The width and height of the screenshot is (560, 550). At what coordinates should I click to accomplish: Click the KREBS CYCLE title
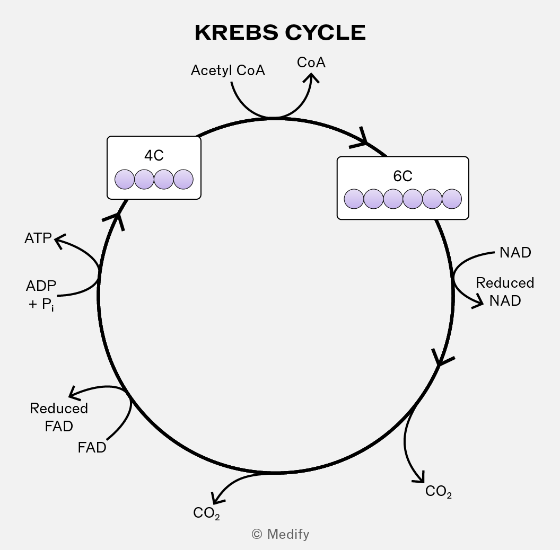click(281, 32)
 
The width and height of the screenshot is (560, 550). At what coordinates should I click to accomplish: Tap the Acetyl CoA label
click(228, 70)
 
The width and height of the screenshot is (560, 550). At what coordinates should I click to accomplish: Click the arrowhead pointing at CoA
click(311, 77)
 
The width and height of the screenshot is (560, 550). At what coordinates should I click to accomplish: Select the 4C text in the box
click(154, 155)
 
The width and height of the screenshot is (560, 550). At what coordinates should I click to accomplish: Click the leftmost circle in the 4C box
click(125, 179)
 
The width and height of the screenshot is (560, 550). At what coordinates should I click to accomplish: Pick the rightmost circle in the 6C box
click(452, 199)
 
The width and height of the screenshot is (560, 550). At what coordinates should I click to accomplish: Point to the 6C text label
click(403, 176)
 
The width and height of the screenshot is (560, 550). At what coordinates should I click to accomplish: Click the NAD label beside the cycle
click(515, 252)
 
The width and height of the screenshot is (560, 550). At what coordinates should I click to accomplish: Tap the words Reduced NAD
click(505, 291)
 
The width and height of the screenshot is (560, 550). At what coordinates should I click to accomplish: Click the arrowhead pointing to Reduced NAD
click(478, 304)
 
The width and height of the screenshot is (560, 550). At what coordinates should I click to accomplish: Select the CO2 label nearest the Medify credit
click(206, 513)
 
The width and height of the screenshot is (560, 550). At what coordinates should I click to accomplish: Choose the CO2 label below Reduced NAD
click(439, 492)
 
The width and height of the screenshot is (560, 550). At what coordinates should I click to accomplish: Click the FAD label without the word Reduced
click(92, 448)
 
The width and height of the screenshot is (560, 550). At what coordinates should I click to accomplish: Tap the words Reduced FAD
click(59, 417)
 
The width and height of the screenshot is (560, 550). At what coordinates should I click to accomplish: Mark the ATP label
click(38, 238)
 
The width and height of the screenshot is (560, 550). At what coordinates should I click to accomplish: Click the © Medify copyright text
click(281, 534)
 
